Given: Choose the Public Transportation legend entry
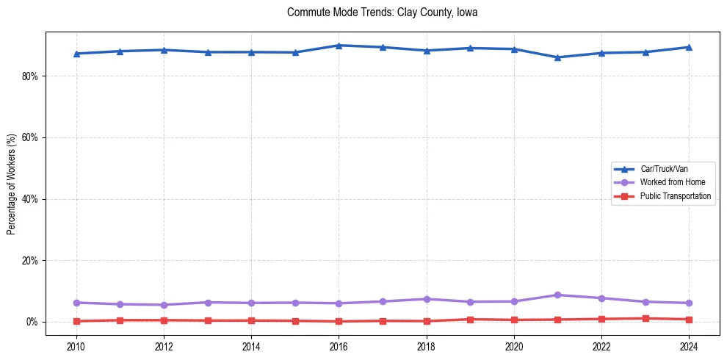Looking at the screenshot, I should [x=675, y=196].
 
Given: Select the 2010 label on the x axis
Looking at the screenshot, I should [x=76, y=345].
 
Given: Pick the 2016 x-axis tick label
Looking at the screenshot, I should [x=339, y=345].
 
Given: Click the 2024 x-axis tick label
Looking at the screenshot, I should [x=689, y=345].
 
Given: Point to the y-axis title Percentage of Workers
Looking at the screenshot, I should [x=12, y=184].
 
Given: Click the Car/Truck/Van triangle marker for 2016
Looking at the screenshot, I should [x=339, y=46].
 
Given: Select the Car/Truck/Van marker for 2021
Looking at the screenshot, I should [x=557, y=57].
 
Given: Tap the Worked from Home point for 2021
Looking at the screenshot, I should [x=557, y=295].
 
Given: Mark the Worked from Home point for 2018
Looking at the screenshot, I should [x=426, y=299].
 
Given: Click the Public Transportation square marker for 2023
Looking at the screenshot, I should [x=645, y=319].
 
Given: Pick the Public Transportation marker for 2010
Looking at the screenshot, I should [x=76, y=321].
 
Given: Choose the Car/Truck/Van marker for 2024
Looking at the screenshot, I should [x=689, y=47].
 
